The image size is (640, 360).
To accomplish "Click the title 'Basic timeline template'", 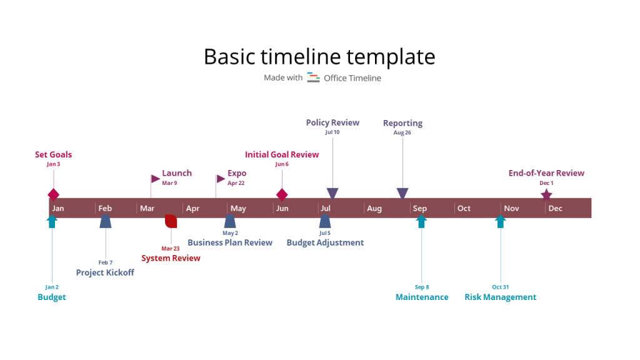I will [319, 57].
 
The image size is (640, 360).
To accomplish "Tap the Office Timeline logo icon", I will [313, 77].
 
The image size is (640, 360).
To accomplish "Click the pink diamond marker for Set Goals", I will [53, 194].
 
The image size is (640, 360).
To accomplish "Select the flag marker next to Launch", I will [155, 179].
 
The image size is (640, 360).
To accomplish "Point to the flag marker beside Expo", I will [221, 179].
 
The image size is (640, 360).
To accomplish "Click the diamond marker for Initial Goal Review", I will [282, 194].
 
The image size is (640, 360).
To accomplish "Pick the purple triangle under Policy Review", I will [332, 193].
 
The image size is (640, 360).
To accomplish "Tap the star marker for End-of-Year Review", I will [546, 195].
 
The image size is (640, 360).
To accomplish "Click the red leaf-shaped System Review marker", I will [171, 221].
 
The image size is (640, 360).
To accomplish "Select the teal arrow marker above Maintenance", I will [421, 221].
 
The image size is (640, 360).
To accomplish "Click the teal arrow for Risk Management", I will [500, 221].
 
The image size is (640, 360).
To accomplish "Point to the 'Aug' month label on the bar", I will [374, 208].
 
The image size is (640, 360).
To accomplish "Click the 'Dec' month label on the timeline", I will [555, 208].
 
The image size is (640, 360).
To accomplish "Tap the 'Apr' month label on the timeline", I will [192, 208].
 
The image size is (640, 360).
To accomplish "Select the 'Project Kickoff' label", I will [105, 272].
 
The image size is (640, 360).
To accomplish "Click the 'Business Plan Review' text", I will [230, 242].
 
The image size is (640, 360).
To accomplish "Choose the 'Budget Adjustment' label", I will [325, 242].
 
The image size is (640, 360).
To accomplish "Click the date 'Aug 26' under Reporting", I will [402, 132].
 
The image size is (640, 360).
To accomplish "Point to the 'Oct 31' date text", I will [500, 287].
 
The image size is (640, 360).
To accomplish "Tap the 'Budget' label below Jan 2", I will [52, 297].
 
